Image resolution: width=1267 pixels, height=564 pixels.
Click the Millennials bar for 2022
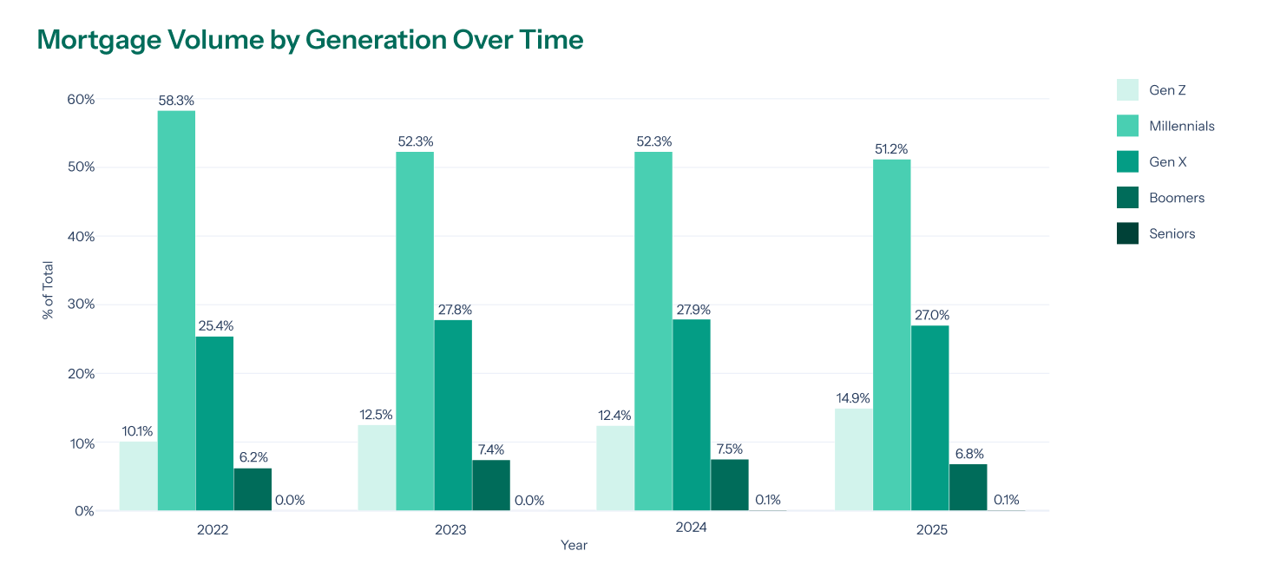pos(176,311)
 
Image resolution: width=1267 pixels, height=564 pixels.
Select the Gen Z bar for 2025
pos(853,459)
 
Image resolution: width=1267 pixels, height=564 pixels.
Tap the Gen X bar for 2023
pos(453,415)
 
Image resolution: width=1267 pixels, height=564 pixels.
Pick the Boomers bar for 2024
pos(729,484)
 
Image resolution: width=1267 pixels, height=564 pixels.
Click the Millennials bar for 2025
pos(891,335)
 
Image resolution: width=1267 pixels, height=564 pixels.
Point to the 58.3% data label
pos(176,101)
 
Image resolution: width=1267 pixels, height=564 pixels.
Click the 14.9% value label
pos(853,398)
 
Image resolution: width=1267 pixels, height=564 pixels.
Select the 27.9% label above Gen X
pos(692,310)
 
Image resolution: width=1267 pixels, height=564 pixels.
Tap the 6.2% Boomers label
pos(253,458)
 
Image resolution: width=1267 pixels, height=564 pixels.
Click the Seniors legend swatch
pos(1127,233)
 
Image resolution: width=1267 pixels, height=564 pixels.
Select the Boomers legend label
pos(1177,198)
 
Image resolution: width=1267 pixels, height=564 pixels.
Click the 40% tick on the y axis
pos(81,236)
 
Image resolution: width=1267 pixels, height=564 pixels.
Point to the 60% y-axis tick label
pos(81,99)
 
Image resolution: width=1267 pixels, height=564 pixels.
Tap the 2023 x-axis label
pos(450,528)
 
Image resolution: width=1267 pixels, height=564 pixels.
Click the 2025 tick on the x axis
pos(931,528)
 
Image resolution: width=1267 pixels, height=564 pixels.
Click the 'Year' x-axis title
pos(574,545)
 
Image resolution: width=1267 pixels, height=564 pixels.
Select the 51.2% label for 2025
pos(891,149)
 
